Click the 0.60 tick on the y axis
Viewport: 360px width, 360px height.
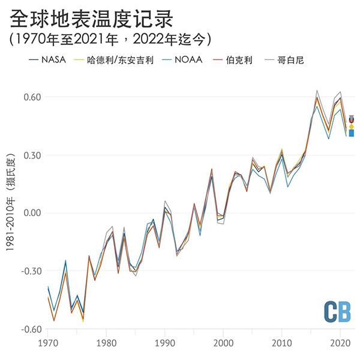tap(31, 97)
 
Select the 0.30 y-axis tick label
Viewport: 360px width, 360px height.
tap(31, 155)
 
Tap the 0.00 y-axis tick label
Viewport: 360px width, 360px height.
tap(31, 213)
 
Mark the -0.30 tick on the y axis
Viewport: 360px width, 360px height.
tap(30, 271)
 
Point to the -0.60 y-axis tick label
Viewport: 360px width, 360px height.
tap(30, 329)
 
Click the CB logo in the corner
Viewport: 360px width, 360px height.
tap(337, 310)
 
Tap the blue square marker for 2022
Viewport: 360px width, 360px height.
tap(352, 133)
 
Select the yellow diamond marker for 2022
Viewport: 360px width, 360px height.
tap(352, 127)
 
